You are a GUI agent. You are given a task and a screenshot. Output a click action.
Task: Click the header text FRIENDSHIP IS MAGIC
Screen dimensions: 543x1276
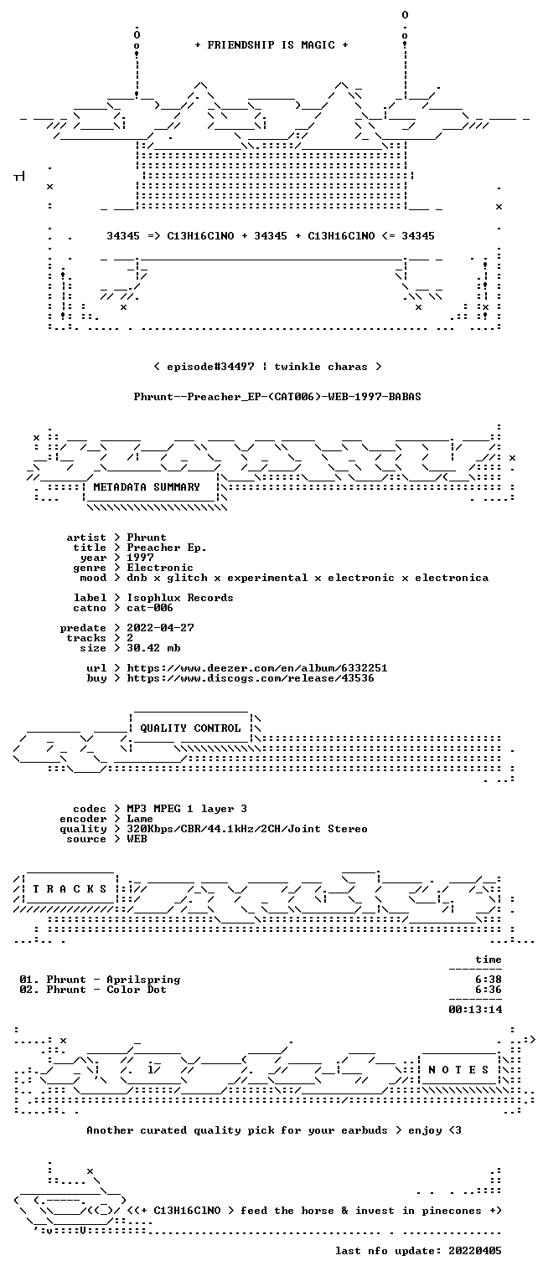tap(271, 45)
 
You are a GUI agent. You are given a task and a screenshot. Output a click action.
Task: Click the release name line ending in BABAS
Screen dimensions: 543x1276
tap(277, 397)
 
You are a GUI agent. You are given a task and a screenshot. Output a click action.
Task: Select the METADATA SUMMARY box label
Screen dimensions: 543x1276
tap(147, 487)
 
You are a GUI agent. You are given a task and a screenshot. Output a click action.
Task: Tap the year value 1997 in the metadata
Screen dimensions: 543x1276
tap(140, 558)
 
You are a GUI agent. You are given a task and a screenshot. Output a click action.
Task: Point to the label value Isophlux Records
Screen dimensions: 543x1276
tap(180, 598)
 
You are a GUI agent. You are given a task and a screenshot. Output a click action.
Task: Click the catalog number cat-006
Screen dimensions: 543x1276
tap(150, 608)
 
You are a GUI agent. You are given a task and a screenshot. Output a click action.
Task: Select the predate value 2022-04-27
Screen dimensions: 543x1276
tap(160, 628)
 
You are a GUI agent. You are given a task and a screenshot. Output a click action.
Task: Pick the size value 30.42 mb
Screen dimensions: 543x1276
tap(153, 648)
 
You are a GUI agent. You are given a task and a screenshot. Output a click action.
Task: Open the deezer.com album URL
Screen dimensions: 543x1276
tap(257, 667)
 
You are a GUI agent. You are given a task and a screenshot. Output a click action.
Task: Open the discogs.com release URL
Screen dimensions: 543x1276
tap(251, 678)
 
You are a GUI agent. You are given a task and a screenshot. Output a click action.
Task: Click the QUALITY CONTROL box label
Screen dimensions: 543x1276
tap(190, 728)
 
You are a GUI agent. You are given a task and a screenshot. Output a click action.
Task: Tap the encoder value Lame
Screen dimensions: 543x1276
tap(140, 819)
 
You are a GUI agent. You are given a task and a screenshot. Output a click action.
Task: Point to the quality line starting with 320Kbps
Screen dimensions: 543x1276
tap(247, 829)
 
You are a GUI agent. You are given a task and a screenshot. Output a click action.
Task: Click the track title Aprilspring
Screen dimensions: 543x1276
tap(143, 980)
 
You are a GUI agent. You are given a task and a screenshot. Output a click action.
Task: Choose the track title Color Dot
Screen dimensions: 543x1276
tap(137, 990)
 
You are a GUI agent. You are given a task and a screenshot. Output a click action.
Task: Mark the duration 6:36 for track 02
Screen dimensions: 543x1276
tap(489, 990)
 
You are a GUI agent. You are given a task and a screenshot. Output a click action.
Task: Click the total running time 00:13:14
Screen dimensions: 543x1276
tap(475, 1010)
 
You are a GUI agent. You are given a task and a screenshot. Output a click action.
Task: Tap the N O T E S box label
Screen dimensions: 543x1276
tap(458, 1070)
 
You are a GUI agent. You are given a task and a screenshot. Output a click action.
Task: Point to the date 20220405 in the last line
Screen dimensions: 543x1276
tap(475, 1251)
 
